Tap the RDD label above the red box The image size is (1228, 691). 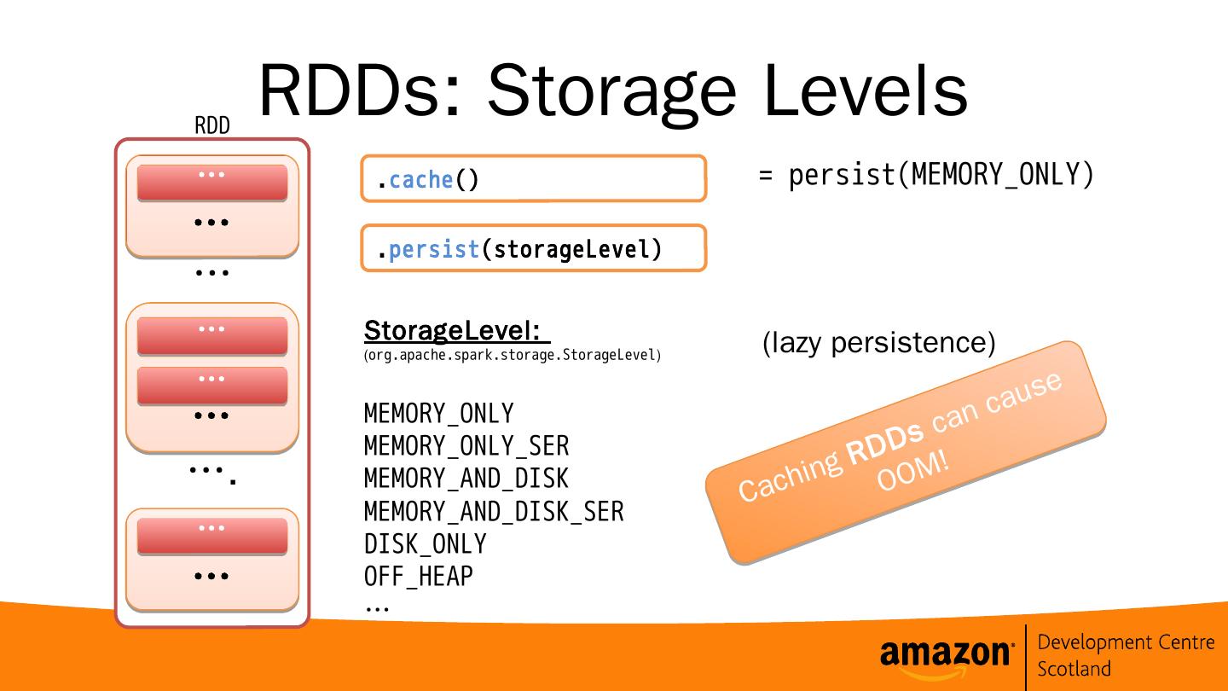pyautogui.click(x=211, y=126)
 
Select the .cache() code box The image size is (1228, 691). pyautogui.click(x=533, y=179)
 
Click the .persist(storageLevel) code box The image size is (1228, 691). pyautogui.click(x=533, y=249)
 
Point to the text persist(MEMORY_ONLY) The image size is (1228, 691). pyautogui.click(x=941, y=175)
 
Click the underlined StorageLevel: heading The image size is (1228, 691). pyautogui.click(x=456, y=330)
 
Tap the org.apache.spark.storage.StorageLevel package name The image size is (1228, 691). pyautogui.click(x=513, y=355)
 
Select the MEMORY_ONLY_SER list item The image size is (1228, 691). pyautogui.click(x=466, y=446)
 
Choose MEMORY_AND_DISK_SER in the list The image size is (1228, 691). pyautogui.click(x=493, y=512)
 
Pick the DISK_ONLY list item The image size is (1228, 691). pyautogui.click(x=425, y=544)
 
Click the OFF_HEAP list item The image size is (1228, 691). pyautogui.click(x=418, y=577)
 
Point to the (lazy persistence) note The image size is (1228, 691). pyautogui.click(x=878, y=342)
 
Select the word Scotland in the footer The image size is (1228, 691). pyautogui.click(x=1074, y=669)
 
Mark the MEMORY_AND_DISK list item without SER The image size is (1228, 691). pyautogui.click(x=466, y=479)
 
